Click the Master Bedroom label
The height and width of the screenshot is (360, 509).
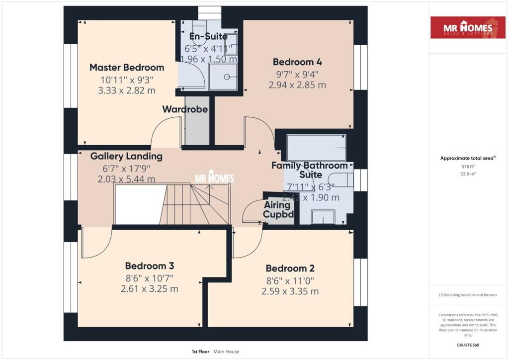click(x=126, y=67)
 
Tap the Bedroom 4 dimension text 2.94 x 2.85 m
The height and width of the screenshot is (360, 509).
click(x=297, y=85)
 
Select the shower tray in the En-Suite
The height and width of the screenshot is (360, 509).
click(x=223, y=77)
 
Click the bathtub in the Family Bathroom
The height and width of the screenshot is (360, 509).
click(x=316, y=147)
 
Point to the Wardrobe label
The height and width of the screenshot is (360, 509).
click(x=185, y=109)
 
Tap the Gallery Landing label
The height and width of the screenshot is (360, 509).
click(x=126, y=156)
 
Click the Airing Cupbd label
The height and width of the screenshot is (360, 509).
click(x=277, y=210)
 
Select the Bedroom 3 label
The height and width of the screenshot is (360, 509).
click(x=149, y=266)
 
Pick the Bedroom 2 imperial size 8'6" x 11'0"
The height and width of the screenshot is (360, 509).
click(x=290, y=280)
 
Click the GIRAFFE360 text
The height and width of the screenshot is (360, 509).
click(x=468, y=345)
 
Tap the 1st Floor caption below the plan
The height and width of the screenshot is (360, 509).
click(x=200, y=352)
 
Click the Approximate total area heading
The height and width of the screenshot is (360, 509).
click(x=468, y=158)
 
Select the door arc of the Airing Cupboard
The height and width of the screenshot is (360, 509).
click(x=252, y=211)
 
